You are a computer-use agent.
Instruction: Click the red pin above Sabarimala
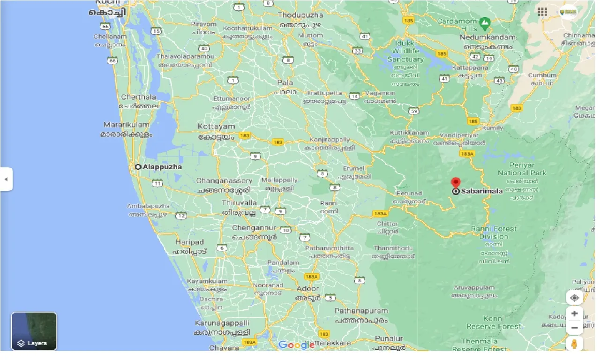tap(456, 183)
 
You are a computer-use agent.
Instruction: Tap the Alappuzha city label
tap(162, 167)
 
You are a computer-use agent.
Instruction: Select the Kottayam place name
tap(216, 127)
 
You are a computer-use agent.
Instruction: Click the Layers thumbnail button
tap(34, 331)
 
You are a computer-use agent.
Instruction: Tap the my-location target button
tap(575, 298)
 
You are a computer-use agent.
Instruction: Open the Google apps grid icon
tap(542, 12)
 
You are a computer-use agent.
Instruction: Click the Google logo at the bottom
tap(296, 345)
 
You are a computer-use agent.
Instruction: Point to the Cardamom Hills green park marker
tap(485, 22)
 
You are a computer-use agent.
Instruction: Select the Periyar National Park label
tap(522, 169)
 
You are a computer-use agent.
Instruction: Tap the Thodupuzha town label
tap(300, 15)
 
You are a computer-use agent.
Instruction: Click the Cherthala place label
tap(139, 97)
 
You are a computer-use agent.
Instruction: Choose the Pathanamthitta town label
tap(329, 248)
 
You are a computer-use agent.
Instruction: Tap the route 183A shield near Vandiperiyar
tap(467, 154)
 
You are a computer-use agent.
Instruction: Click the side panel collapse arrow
tap(6, 179)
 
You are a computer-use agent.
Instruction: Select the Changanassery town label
tap(224, 181)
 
